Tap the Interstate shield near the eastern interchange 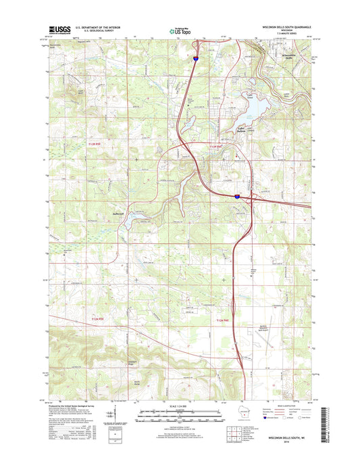[237, 196]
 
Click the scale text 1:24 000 [180, 404]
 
